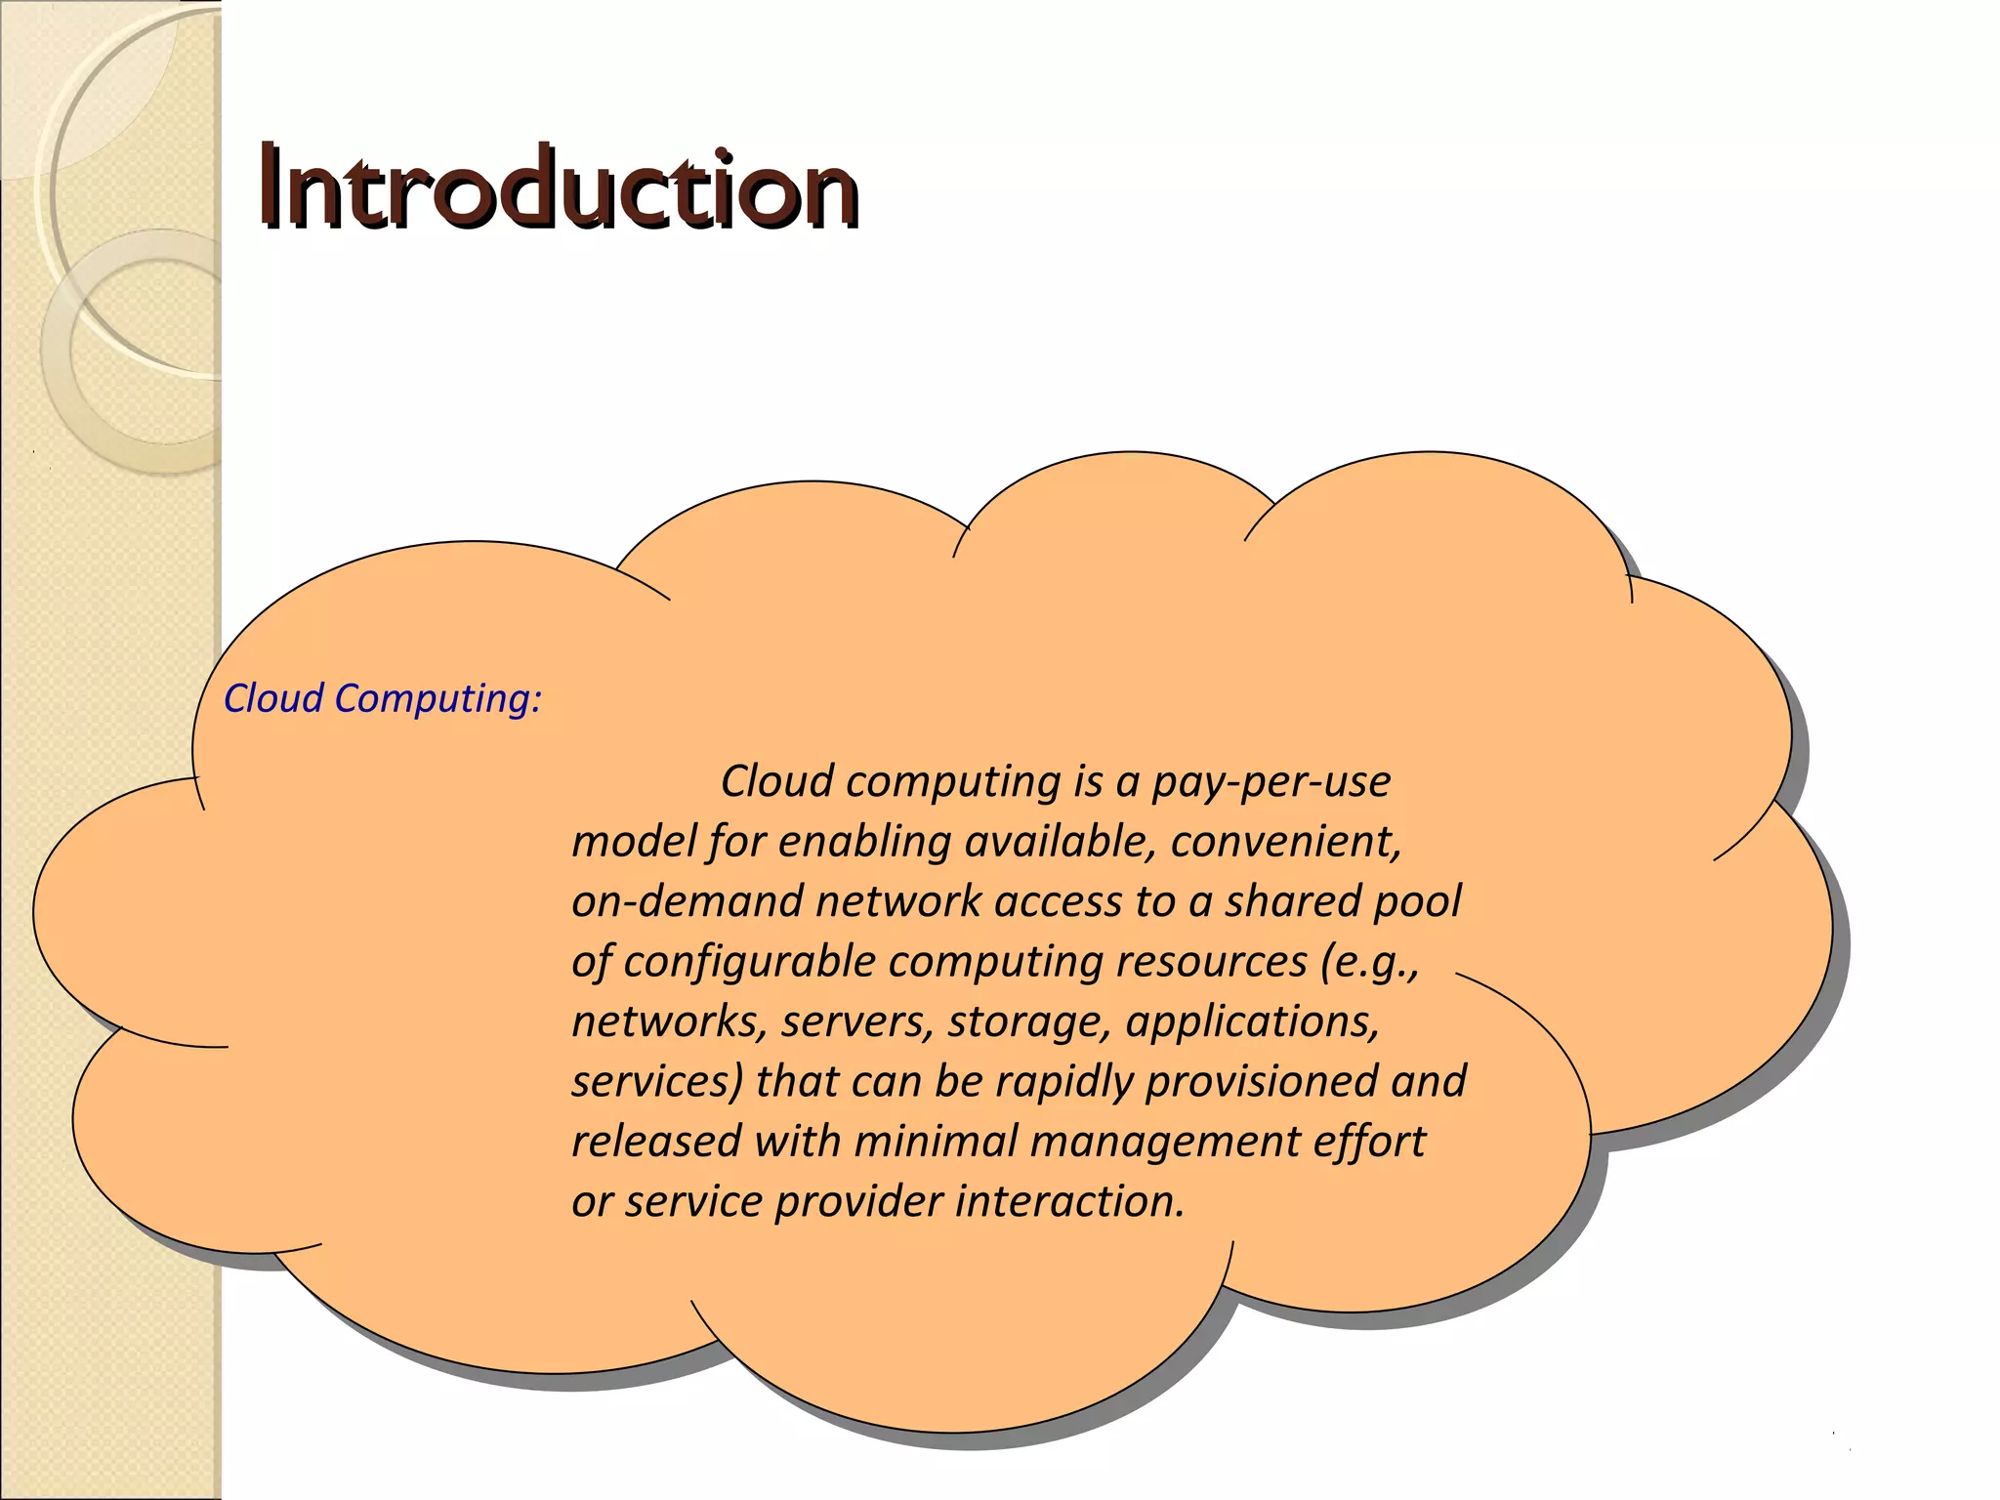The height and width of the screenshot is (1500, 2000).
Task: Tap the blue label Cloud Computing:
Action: (382, 699)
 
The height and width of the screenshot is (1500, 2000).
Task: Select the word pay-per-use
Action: (1271, 782)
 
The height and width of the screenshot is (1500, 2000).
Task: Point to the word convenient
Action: (1285, 842)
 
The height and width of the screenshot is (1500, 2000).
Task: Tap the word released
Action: (656, 1142)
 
